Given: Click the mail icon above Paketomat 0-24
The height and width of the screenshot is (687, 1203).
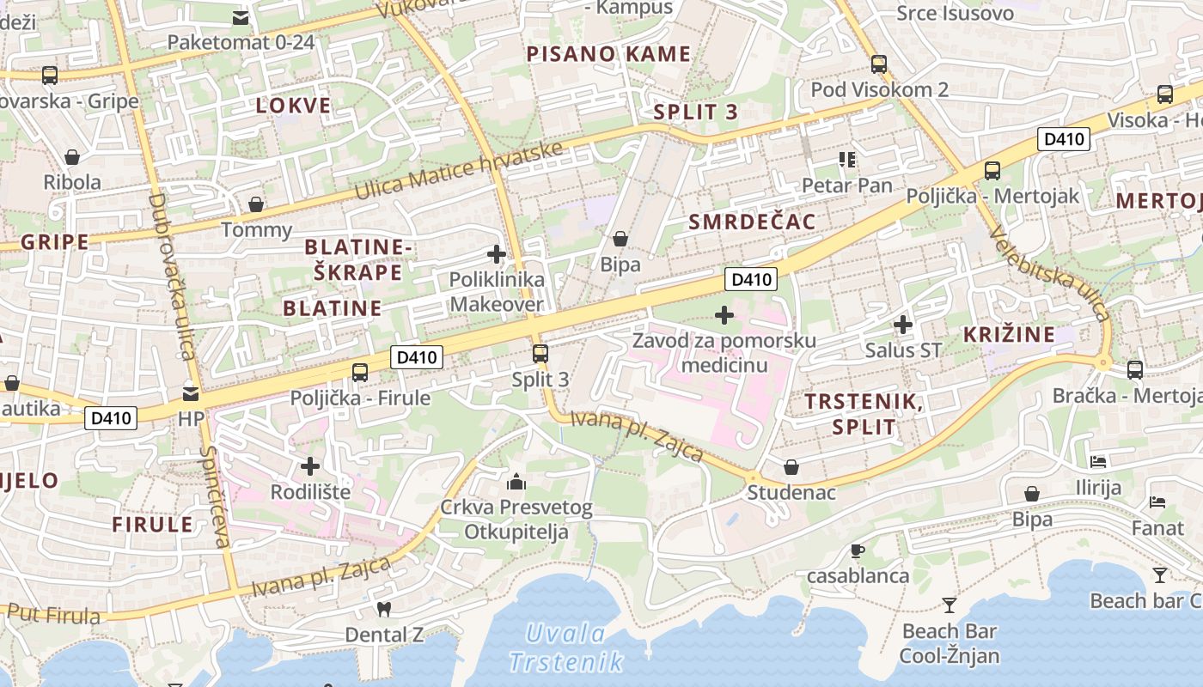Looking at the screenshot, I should click(241, 16).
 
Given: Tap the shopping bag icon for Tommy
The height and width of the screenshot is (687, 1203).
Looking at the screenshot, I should click(256, 204).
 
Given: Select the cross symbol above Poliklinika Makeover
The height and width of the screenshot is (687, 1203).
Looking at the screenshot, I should click(497, 254).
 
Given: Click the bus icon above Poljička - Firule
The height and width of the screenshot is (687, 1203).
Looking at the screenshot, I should click(360, 373).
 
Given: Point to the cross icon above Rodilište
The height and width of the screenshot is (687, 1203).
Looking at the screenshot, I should click(310, 466).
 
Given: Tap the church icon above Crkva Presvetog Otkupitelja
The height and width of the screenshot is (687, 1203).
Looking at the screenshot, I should click(516, 481).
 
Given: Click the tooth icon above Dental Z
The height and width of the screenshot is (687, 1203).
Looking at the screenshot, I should click(384, 609).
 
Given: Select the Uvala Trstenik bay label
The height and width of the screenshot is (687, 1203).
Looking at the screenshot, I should click(565, 647).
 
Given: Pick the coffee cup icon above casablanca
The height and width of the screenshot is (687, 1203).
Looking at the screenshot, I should click(857, 550).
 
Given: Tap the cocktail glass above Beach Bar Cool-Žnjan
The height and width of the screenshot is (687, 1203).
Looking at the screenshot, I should click(949, 605).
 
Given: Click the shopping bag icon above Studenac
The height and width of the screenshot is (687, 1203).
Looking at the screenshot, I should click(791, 467).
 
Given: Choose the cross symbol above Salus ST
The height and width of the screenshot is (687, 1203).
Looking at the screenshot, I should click(902, 325).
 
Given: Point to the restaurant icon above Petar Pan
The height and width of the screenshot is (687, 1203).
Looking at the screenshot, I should click(847, 160).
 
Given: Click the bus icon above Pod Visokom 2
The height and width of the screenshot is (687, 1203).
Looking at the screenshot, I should click(878, 64).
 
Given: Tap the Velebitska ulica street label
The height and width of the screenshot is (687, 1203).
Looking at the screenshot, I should click(1050, 272).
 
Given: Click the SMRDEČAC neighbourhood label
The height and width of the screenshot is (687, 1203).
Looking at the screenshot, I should click(752, 222).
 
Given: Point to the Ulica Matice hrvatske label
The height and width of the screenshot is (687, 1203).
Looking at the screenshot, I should click(459, 172).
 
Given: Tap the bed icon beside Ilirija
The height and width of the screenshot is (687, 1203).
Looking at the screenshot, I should click(1098, 462).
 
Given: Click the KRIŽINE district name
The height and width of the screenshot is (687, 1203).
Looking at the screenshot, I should click(1009, 334).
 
